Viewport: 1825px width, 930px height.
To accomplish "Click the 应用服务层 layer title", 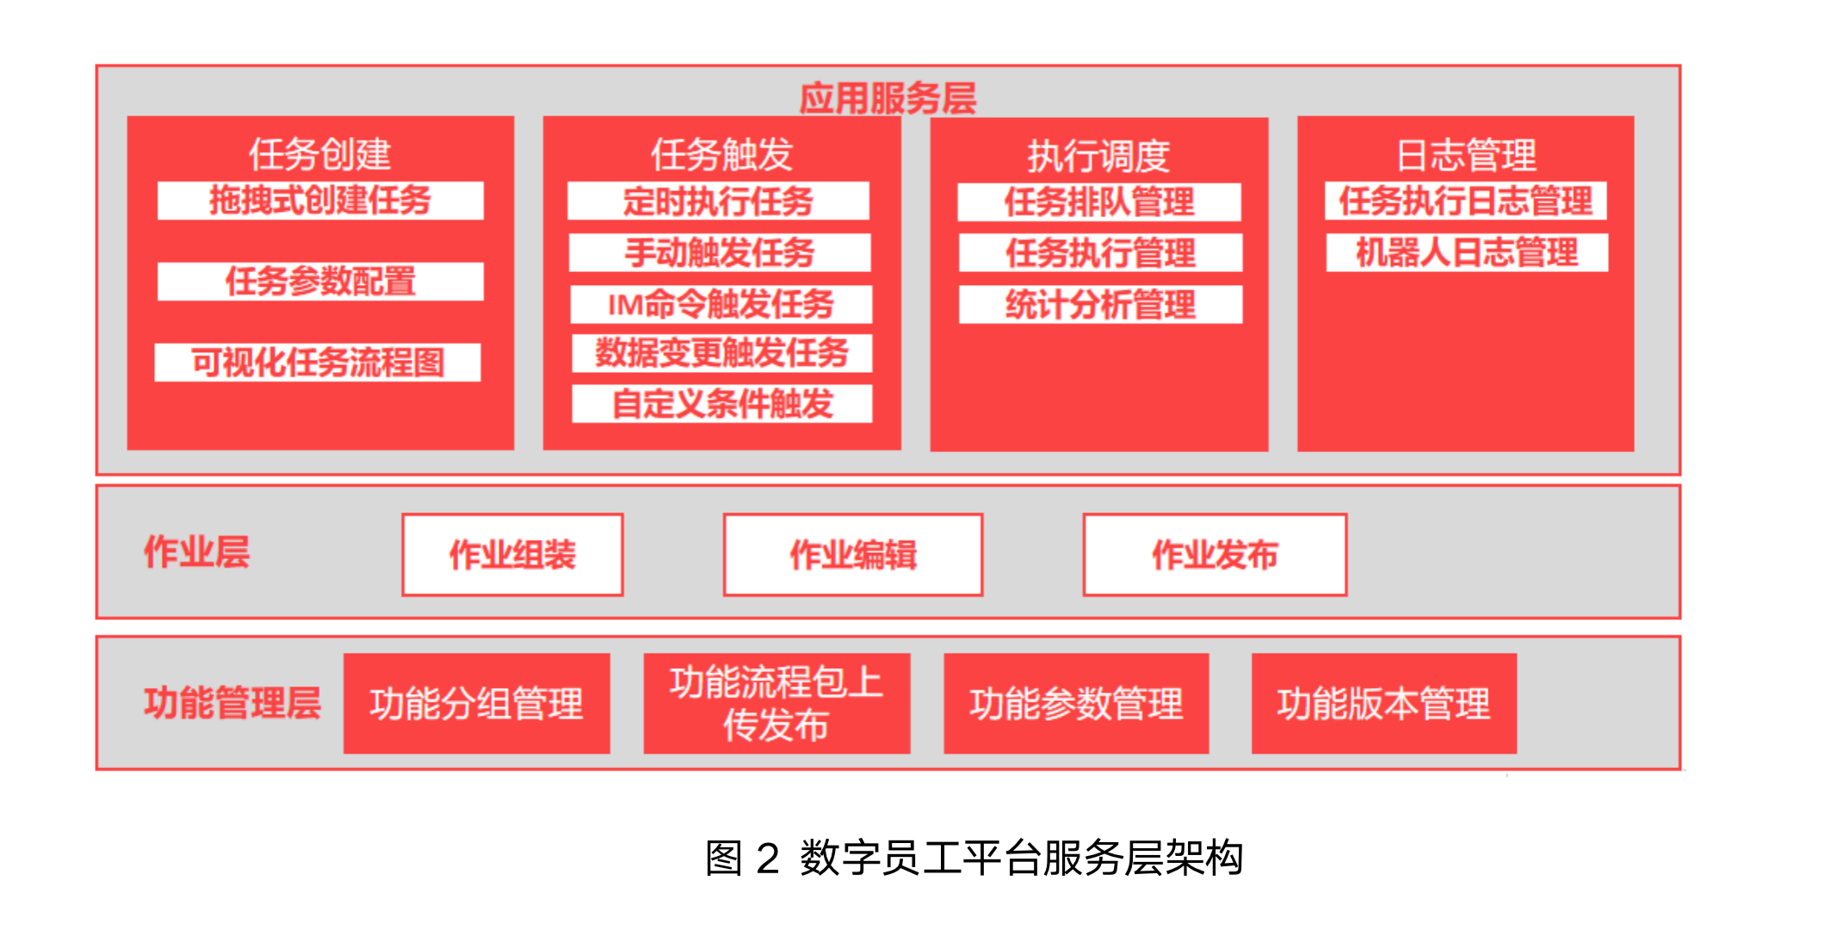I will [x=888, y=98].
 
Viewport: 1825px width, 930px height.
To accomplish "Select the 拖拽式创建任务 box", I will [x=320, y=201].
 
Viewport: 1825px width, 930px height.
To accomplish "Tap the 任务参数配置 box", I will [x=320, y=282].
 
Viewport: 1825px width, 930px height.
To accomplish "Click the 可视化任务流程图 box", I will [x=318, y=363].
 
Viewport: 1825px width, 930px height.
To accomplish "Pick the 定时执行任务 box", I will [x=719, y=201].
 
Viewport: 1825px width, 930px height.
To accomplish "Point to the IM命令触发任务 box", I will [x=721, y=304].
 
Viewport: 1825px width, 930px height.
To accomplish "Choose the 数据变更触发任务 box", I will [x=722, y=353].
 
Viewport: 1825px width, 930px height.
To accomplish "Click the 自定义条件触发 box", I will [x=722, y=404].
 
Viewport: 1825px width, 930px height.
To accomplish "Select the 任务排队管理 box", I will [x=1099, y=202].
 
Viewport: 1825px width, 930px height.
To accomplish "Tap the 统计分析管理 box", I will [x=1101, y=305].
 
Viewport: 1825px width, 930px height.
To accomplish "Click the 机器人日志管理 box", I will [x=1467, y=253].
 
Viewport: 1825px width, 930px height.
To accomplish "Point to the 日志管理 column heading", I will [x=1466, y=155].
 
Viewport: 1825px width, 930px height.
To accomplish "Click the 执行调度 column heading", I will [x=1098, y=156].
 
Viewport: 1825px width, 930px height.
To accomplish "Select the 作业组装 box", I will [x=513, y=555].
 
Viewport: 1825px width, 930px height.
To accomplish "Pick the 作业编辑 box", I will [x=853, y=555].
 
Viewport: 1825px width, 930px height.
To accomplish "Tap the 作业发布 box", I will [x=1215, y=555].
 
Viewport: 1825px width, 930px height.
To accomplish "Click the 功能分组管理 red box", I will [x=477, y=704].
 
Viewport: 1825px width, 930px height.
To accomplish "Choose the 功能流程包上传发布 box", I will [x=776, y=704].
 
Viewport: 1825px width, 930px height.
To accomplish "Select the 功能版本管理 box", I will [x=1383, y=704].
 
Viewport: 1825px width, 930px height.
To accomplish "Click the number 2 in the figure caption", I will [x=768, y=859].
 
